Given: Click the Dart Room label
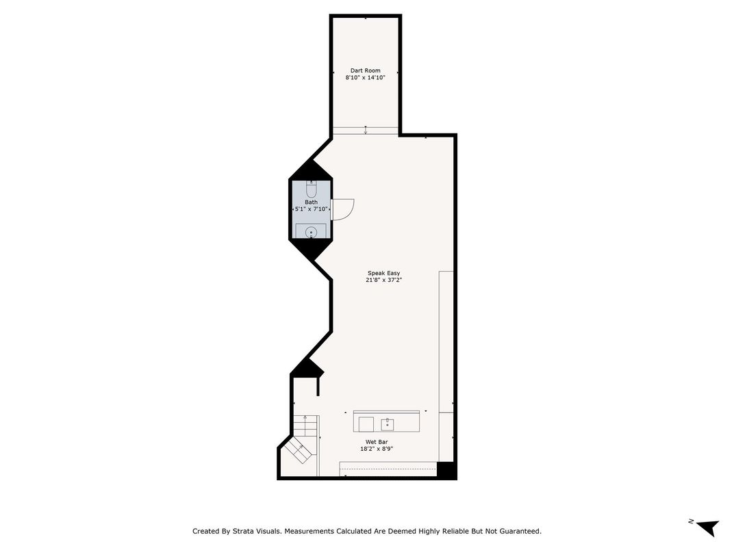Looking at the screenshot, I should click(365, 70).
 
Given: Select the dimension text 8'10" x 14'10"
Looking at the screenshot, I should click(365, 78).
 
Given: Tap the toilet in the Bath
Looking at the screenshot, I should click(312, 189).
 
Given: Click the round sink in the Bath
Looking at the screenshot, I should click(312, 233).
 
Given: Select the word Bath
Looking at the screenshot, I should click(312, 202).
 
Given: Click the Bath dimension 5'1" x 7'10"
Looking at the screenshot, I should click(312, 209).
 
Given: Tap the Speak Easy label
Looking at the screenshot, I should click(383, 273).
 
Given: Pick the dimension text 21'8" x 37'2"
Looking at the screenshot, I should click(383, 280).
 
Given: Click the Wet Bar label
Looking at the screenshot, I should click(377, 442).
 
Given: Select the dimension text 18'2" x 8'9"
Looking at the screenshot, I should click(377, 449).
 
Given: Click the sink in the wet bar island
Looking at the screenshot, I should click(388, 424).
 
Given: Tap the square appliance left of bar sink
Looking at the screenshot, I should click(366, 424).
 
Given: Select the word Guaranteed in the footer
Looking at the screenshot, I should click(518, 531).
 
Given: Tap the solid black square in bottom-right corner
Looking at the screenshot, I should click(446, 470).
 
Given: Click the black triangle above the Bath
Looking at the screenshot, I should click(312, 170).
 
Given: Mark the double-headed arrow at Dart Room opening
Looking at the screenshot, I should click(366, 130).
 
